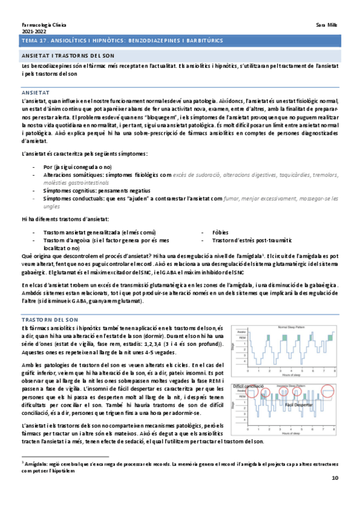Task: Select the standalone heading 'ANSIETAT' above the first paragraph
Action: coord(35,94)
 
